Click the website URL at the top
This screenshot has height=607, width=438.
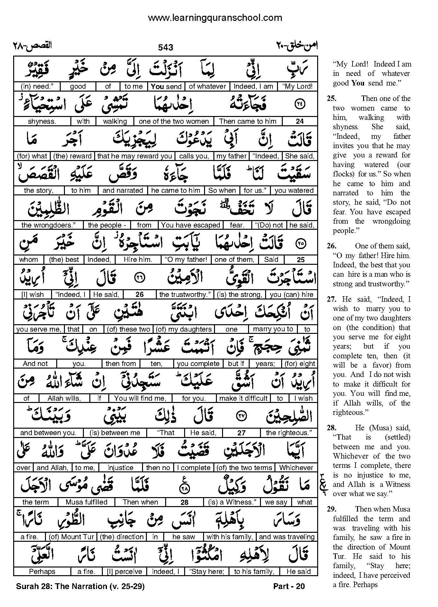tap(215, 18)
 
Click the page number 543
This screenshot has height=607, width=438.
tap(165, 48)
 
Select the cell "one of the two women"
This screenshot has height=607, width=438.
tap(174, 121)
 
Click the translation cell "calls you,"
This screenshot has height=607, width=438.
tap(194, 156)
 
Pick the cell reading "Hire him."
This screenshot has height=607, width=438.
tap(138, 260)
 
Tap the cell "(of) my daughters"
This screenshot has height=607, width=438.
tap(184, 329)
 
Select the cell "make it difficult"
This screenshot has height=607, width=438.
tap(243, 398)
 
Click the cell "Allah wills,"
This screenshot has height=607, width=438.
tap(64, 398)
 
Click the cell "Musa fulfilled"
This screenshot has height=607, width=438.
tap(86, 502)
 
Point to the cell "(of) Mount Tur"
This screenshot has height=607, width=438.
tap(71, 537)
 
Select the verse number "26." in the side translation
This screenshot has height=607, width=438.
tap(332, 246)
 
